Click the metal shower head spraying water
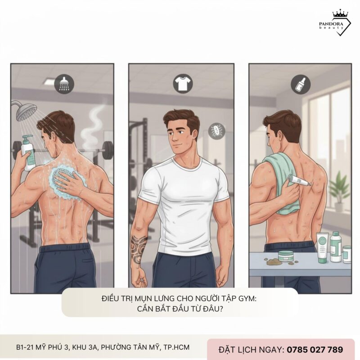[27, 110]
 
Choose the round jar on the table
[286, 256]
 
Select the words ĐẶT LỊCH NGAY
[251, 349]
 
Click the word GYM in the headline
[245, 298]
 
